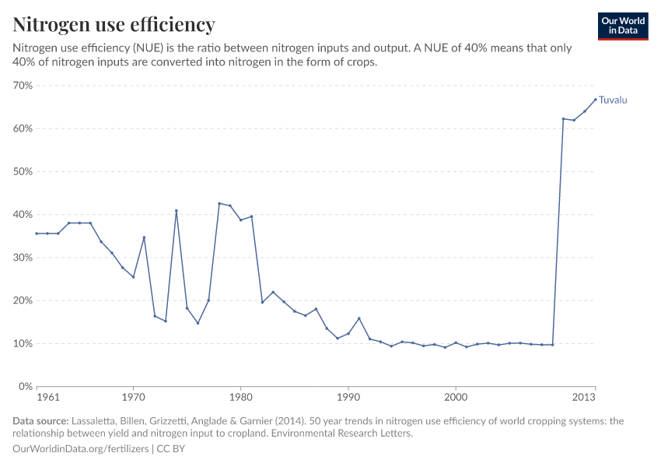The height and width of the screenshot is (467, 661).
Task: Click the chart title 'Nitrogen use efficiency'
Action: [114, 25]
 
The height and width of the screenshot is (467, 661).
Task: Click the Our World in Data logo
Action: [623, 26]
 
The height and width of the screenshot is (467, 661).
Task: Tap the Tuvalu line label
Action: [613, 100]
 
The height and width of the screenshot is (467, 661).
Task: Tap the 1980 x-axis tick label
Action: [240, 397]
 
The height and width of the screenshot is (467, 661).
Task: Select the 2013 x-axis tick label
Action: [584, 397]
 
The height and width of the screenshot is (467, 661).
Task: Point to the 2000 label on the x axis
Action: [456, 397]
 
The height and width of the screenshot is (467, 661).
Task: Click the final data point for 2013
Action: [596, 99]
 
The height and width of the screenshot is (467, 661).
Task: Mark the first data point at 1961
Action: [37, 233]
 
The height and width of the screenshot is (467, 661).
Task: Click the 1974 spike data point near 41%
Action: [177, 211]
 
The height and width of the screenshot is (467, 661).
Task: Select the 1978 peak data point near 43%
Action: [219, 203]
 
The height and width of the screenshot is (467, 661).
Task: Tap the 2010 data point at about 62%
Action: [563, 119]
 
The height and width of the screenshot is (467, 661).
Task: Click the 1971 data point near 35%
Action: [144, 237]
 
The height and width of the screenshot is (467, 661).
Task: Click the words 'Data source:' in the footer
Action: [40, 421]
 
